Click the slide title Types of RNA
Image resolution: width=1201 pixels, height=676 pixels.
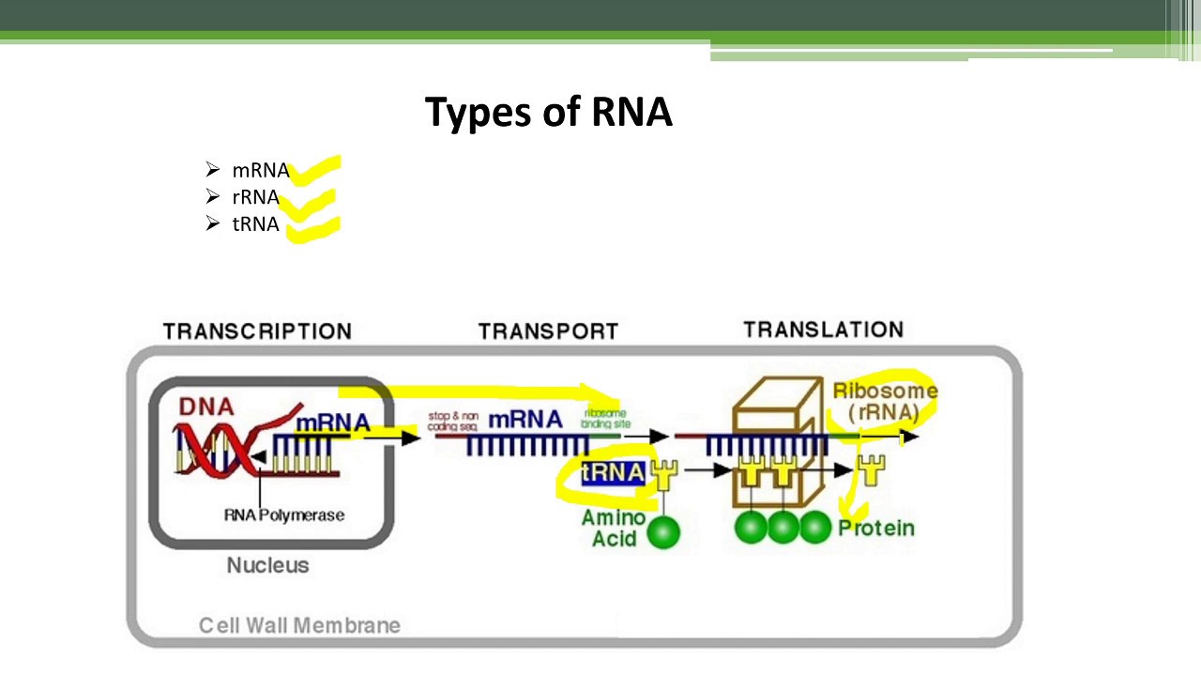tap(548, 112)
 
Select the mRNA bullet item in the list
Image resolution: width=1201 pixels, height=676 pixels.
tap(260, 171)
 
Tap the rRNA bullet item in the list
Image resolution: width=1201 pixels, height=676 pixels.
tap(255, 197)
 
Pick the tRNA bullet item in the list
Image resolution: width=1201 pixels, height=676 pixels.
tap(255, 224)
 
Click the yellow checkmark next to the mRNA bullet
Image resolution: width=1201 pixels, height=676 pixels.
tap(315, 171)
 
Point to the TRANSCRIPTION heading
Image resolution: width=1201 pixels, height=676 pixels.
tap(257, 331)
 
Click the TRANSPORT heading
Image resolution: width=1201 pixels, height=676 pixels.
tap(548, 331)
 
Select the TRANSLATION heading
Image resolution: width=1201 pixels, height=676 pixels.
tap(823, 330)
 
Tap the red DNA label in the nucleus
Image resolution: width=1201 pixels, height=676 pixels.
tap(205, 407)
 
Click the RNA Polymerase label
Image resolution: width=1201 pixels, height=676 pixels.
tap(283, 515)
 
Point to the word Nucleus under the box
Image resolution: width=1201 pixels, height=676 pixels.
tap(267, 565)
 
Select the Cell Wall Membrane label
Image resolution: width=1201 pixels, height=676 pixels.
tap(299, 625)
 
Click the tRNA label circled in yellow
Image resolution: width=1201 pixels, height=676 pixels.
tap(613, 472)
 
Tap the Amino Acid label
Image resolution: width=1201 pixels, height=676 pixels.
tap(614, 529)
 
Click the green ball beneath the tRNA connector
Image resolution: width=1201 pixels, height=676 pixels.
tap(663, 532)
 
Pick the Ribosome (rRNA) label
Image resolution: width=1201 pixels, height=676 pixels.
tap(884, 401)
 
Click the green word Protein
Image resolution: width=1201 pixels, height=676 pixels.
tap(875, 529)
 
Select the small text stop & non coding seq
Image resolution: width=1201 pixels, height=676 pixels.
tap(453, 421)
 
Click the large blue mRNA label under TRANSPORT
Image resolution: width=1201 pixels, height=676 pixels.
tap(524, 419)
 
